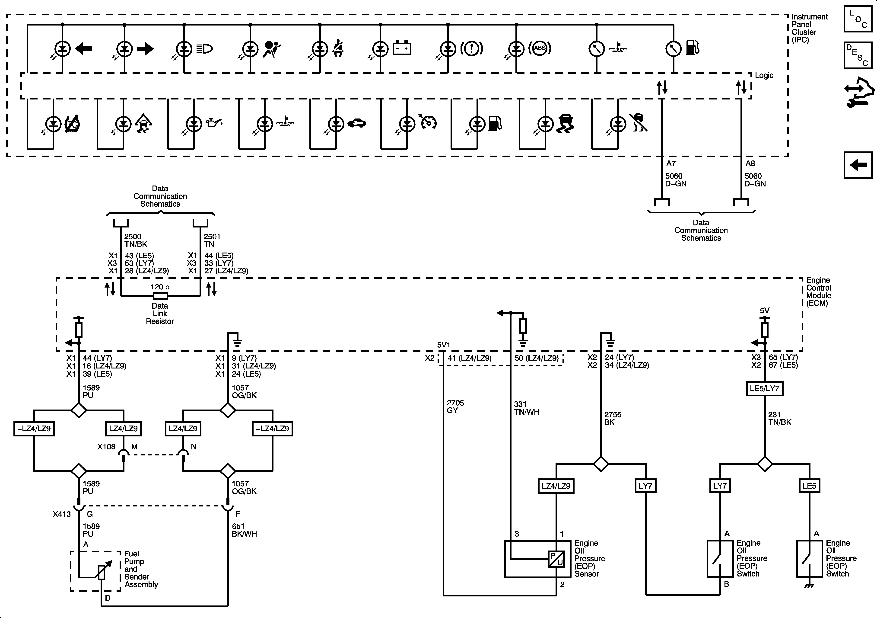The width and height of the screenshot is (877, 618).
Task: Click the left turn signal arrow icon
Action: click(x=83, y=48)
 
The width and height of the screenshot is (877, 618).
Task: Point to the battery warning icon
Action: click(x=402, y=48)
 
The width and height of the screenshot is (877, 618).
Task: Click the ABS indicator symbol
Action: click(x=540, y=48)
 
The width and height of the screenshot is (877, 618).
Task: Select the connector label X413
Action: click(x=62, y=514)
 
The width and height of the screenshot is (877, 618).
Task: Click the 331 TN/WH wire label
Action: click(x=527, y=408)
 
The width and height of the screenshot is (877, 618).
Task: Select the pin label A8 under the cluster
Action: click(x=750, y=163)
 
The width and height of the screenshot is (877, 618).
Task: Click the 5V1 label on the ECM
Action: click(x=443, y=345)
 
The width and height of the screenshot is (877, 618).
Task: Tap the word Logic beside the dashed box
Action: click(x=764, y=75)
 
